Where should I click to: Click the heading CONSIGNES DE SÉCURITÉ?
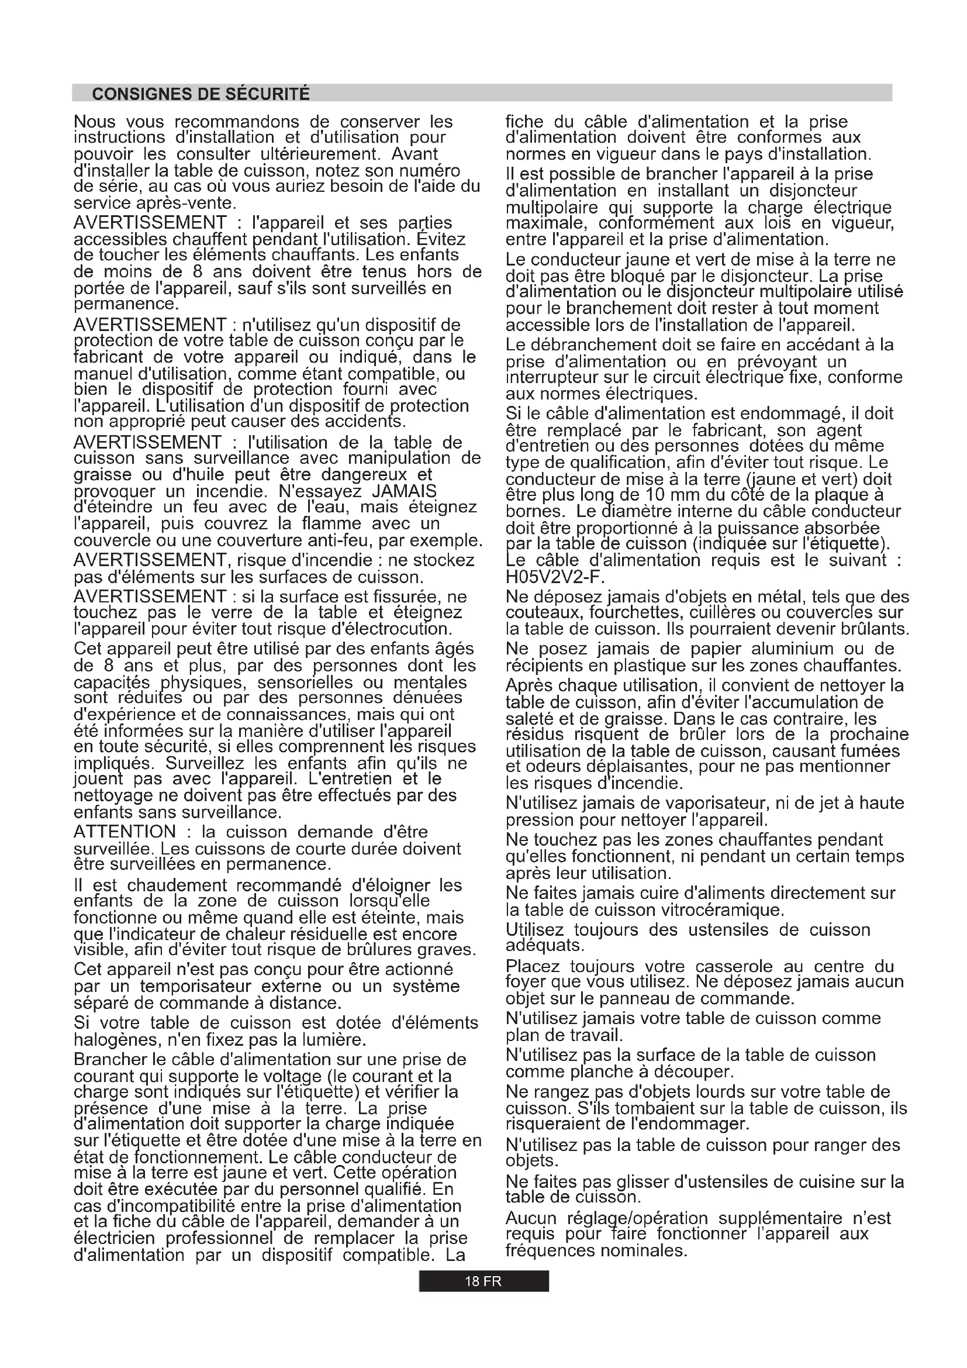(201, 94)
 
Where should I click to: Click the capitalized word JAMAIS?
(405, 491)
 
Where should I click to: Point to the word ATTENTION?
(125, 832)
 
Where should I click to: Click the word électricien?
(113, 1238)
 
